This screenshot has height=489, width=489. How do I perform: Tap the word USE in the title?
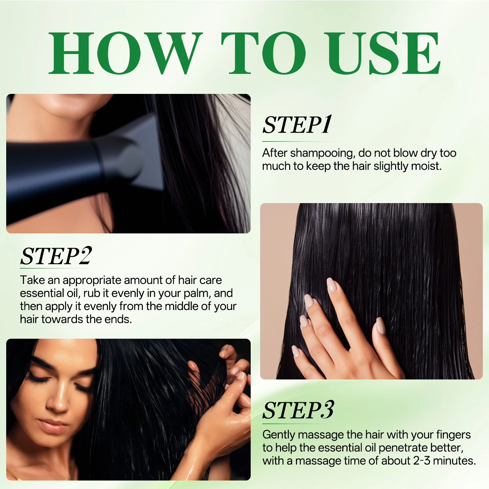tap(384, 53)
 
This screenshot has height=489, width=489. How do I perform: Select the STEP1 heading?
tap(297, 125)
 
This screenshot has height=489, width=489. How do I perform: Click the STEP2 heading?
tap(56, 256)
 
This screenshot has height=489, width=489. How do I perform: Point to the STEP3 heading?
tap(298, 410)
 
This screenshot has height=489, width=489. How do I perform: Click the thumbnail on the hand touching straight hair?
tap(380, 325)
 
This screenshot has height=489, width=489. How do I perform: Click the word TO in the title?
tap(263, 53)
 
